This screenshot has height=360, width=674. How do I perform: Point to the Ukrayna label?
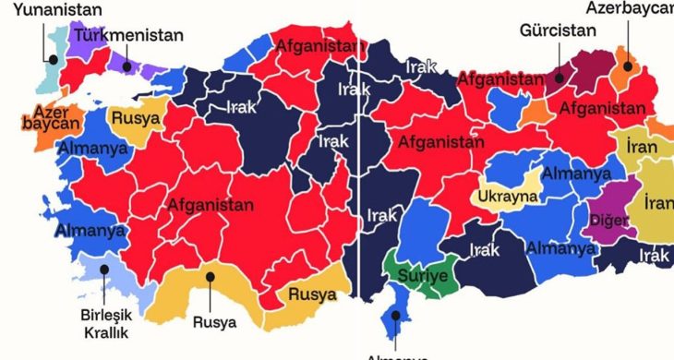[507, 196]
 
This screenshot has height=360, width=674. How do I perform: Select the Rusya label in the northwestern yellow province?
[135, 118]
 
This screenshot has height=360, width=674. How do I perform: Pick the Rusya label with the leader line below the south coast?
[213, 323]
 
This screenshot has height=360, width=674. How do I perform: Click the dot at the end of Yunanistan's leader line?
[54, 60]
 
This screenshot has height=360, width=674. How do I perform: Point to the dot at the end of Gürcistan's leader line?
[558, 78]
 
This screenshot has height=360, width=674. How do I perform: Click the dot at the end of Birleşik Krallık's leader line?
[104, 270]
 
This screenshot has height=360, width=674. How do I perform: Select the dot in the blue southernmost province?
[396, 316]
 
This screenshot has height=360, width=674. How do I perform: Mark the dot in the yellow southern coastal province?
[211, 275]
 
